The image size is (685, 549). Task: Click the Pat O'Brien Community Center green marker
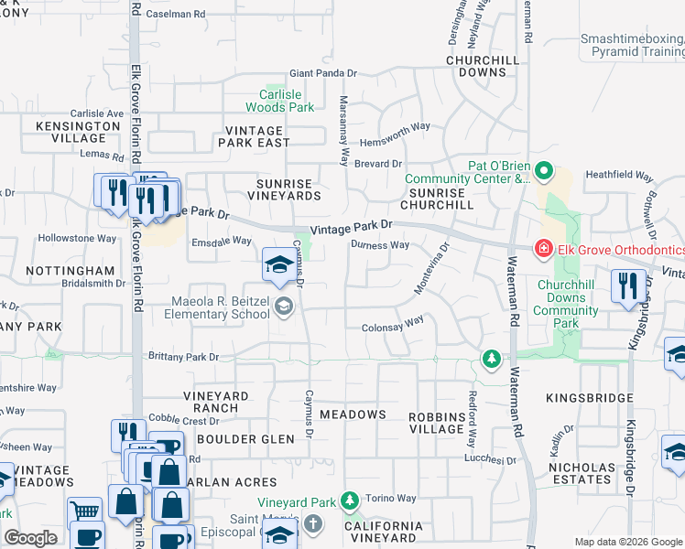544,171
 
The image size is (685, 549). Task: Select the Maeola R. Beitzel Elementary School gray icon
284,307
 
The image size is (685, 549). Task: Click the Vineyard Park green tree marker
349,501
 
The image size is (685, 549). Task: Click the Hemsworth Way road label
394,127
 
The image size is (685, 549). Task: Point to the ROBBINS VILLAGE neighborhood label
436,422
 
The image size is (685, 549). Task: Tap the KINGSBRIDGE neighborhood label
589,399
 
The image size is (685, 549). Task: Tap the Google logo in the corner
30,538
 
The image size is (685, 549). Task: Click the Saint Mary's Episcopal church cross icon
313,523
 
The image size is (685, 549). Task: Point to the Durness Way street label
380,245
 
